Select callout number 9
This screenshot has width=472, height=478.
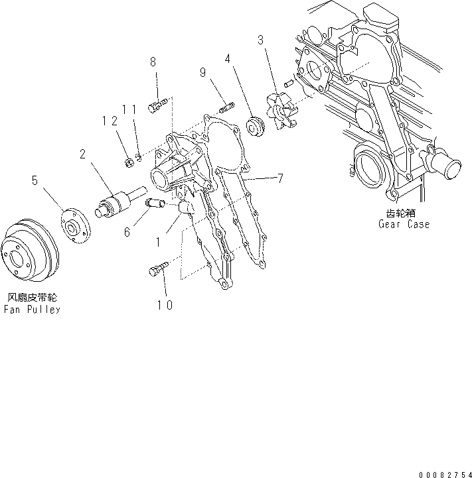tap(204, 74)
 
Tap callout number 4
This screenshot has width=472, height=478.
tap(228, 59)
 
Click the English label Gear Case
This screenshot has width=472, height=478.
tap(404, 224)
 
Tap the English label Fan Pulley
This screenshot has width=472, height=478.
tap(31, 310)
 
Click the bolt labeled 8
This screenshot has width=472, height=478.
tap(156, 104)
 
